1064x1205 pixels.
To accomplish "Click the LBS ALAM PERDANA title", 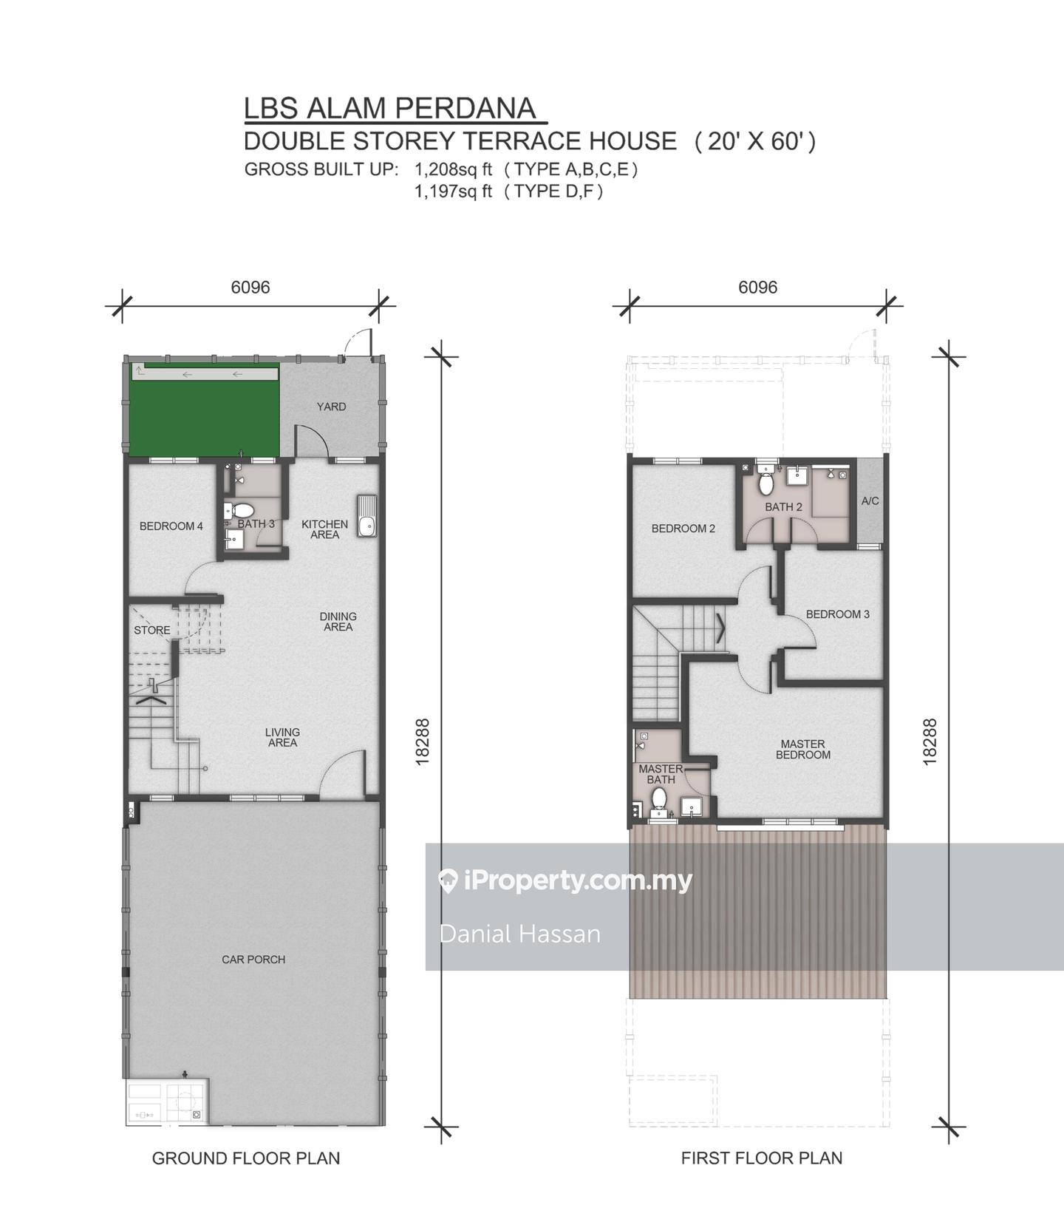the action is pyautogui.click(x=389, y=108).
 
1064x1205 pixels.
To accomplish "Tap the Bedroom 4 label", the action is pyautogui.click(x=171, y=526).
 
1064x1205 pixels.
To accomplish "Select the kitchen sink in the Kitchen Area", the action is pyautogui.click(x=366, y=516).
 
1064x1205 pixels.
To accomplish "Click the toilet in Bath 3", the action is pyautogui.click(x=240, y=510).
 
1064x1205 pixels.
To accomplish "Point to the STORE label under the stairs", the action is pyautogui.click(x=152, y=631).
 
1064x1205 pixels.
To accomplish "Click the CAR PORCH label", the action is pyautogui.click(x=253, y=960).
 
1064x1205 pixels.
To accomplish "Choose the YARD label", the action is pyautogui.click(x=331, y=407).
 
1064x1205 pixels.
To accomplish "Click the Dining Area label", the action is pyautogui.click(x=338, y=622).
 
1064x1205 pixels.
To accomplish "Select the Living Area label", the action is pyautogui.click(x=282, y=738).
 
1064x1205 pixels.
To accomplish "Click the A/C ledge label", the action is pyautogui.click(x=870, y=501).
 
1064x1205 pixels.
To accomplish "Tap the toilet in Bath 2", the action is pyautogui.click(x=766, y=483).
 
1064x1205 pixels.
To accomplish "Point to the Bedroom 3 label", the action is pyautogui.click(x=838, y=614).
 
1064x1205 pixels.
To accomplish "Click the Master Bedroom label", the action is pyautogui.click(x=803, y=750).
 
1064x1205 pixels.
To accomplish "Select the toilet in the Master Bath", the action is pyautogui.click(x=659, y=799).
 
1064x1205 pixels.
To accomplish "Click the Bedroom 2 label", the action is pyautogui.click(x=683, y=529).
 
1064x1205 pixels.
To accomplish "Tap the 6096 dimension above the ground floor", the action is pyautogui.click(x=250, y=287).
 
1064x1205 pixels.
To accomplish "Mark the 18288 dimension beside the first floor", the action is pyautogui.click(x=930, y=741).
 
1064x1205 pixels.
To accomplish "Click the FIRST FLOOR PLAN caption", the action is pyautogui.click(x=762, y=1158).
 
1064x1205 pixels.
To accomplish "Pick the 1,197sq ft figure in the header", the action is pyautogui.click(x=453, y=191).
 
